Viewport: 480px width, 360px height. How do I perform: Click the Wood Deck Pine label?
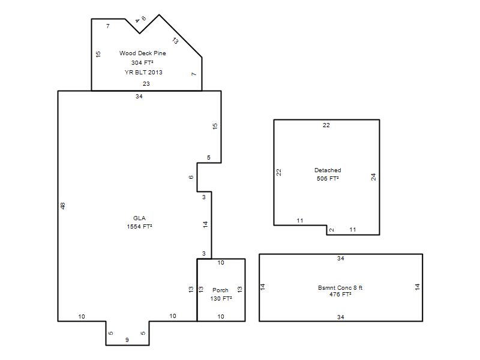pyautogui.click(x=143, y=53)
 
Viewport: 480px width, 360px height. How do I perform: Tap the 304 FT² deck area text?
pyautogui.click(x=142, y=63)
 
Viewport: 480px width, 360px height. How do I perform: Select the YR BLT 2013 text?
pyautogui.click(x=143, y=73)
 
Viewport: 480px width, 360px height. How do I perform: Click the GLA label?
pyautogui.click(x=139, y=218)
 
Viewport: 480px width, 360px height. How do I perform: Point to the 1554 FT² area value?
pyautogui.click(x=140, y=227)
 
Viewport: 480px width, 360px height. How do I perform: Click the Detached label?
pyautogui.click(x=328, y=170)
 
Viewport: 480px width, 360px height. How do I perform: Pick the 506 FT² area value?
pyautogui.click(x=328, y=178)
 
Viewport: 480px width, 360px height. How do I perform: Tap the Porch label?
pyautogui.click(x=220, y=290)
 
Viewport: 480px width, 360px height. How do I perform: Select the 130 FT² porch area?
pyautogui.click(x=221, y=298)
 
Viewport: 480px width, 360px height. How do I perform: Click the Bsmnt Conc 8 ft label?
pyautogui.click(x=340, y=288)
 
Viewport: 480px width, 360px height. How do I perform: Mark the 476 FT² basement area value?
pyautogui.click(x=340, y=295)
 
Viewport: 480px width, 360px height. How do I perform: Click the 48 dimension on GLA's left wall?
pyautogui.click(x=63, y=206)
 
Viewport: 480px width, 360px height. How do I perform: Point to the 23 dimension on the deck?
pyautogui.click(x=146, y=84)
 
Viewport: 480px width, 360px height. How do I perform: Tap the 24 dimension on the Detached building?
pyautogui.click(x=373, y=177)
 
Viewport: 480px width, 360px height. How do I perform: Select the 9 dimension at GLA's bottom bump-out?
pyautogui.click(x=127, y=340)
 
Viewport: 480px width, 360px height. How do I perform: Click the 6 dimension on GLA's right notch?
pyautogui.click(x=191, y=177)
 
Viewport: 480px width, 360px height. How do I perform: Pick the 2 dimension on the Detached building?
pyautogui.click(x=332, y=230)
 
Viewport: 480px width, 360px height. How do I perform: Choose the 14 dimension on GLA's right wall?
pyautogui.click(x=205, y=224)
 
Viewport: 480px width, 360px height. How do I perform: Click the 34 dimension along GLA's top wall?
pyautogui.click(x=139, y=97)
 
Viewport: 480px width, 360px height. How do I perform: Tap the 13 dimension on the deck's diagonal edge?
pyautogui.click(x=175, y=40)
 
